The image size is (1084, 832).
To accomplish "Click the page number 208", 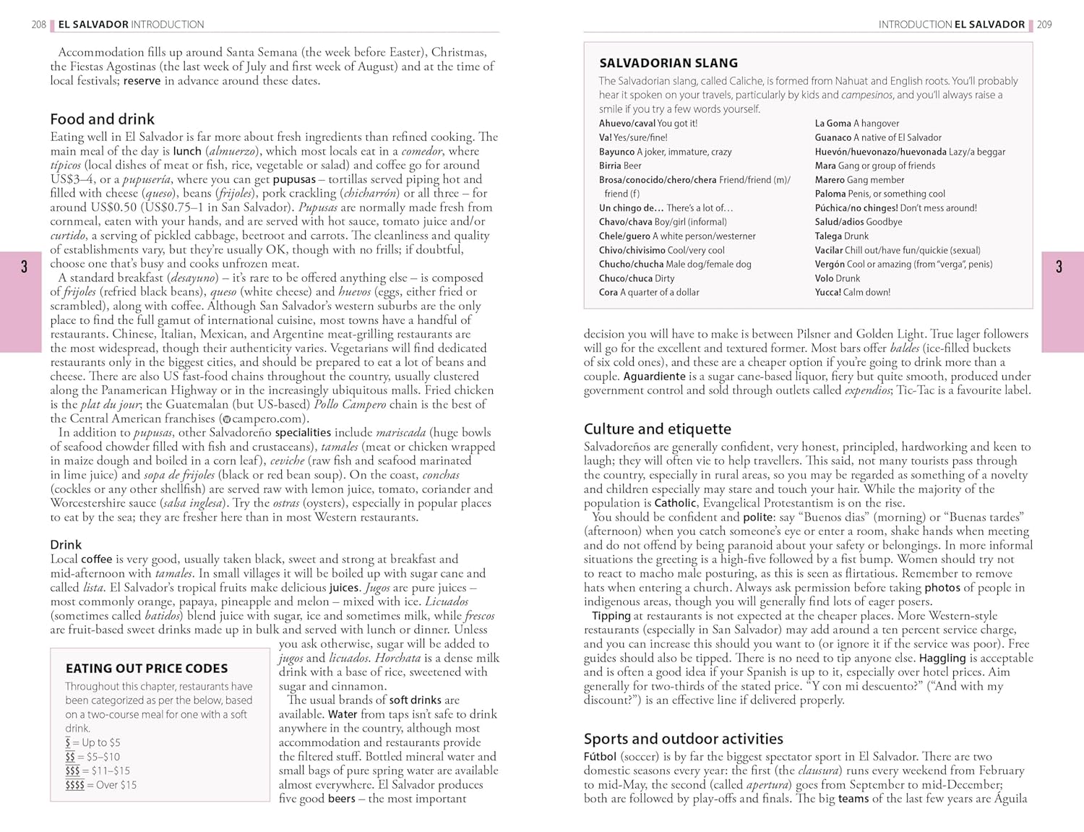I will click(38, 25).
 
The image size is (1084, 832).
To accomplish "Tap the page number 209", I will click(1044, 25).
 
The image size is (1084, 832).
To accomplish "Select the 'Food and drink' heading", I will click(102, 119).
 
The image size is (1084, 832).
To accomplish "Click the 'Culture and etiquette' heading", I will click(657, 429).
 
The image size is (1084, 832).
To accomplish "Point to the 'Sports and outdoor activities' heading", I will click(683, 739).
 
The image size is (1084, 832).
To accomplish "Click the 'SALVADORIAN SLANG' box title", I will click(668, 63).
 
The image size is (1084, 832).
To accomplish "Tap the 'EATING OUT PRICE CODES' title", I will click(147, 669).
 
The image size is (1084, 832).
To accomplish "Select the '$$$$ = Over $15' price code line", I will click(100, 785).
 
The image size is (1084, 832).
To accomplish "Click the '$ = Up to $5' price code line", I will click(93, 742).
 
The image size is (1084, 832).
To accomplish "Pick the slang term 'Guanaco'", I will click(833, 137).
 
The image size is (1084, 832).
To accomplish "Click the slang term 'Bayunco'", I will click(616, 152).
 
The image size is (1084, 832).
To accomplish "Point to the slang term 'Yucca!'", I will click(828, 293).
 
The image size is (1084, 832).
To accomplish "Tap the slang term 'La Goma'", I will click(833, 124).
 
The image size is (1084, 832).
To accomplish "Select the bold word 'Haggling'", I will click(942, 659).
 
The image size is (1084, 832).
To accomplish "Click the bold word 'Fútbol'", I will click(600, 757).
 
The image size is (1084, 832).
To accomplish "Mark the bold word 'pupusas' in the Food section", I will click(294, 179).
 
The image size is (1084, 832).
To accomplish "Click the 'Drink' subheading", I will click(66, 545).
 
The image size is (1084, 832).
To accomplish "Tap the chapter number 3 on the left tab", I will click(24, 267).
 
